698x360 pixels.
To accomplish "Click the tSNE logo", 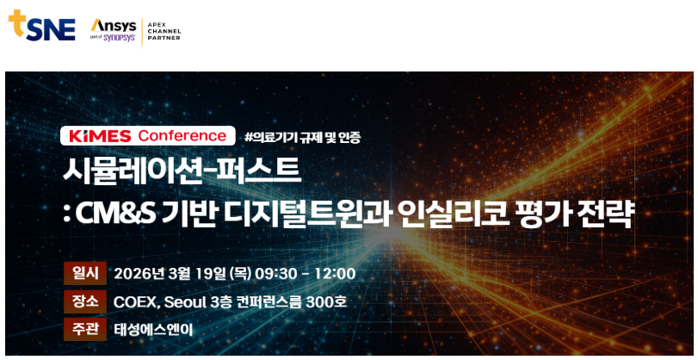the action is pos(42,26).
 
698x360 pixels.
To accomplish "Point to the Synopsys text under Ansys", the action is pos(120,38).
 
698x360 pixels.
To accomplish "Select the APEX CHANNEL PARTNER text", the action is pos(164,32).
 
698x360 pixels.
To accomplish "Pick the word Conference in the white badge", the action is pos(182,135).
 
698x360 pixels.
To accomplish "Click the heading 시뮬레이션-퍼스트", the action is pos(182,171).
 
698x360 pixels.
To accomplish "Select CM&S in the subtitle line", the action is pos(115,214).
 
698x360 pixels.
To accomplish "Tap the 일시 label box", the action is pos(85,273).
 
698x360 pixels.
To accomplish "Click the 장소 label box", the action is pos(85,301).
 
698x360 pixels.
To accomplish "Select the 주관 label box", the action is pos(85,330).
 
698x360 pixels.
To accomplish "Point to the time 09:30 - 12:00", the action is pos(306,274).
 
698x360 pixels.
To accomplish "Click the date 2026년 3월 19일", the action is pos(170,274).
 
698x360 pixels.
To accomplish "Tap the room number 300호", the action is pos(326,302).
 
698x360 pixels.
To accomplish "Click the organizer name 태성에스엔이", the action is pos(153,331).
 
